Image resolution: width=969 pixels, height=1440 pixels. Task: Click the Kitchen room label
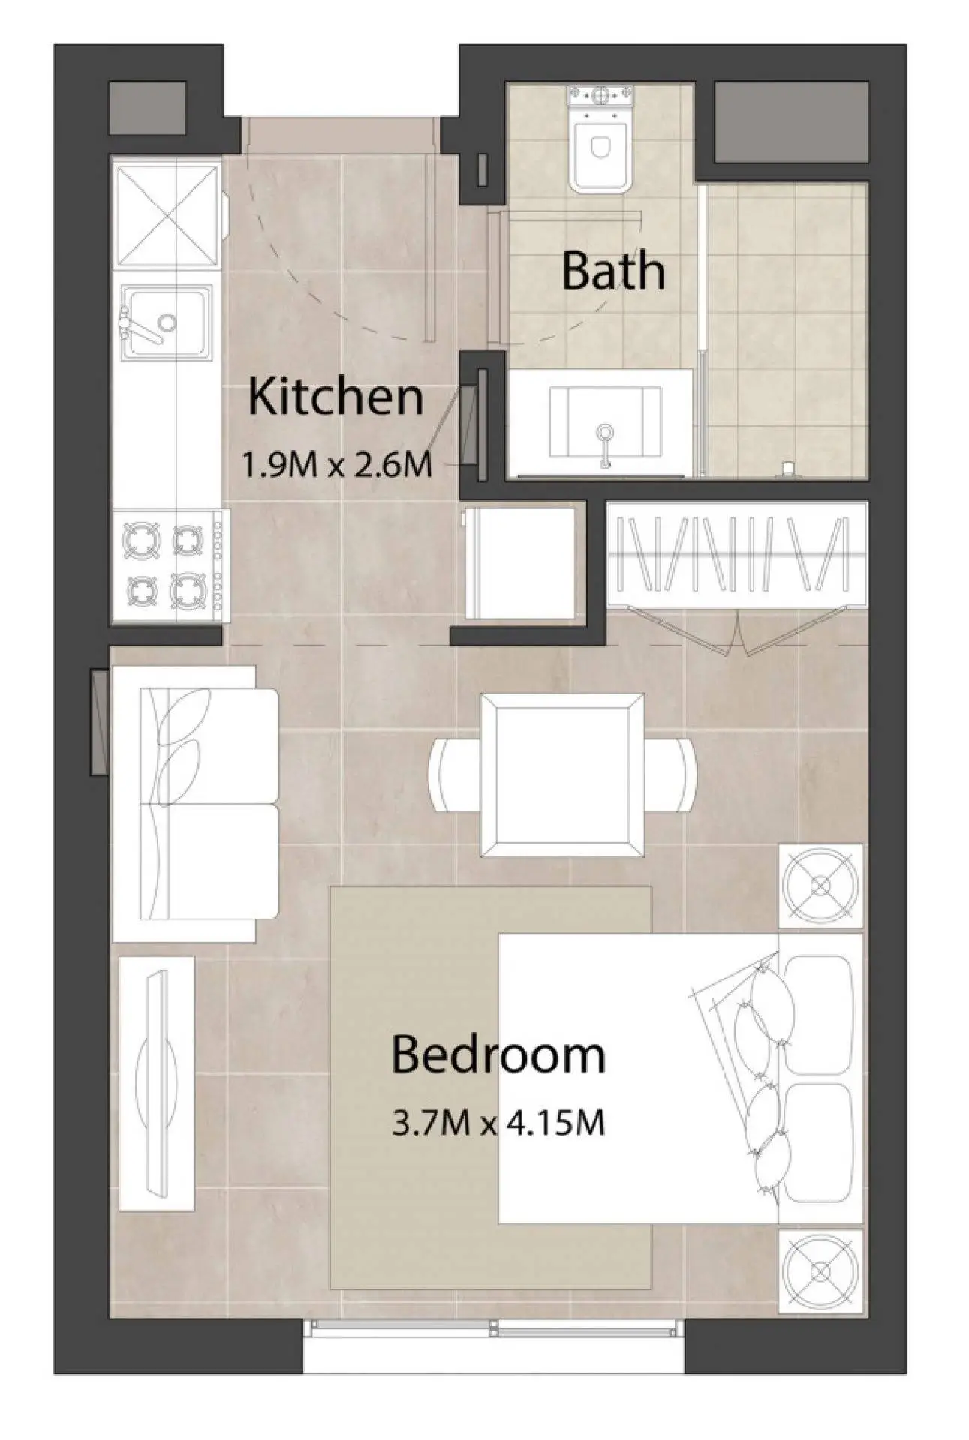(336, 397)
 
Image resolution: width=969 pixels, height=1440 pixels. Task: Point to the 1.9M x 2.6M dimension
(337, 464)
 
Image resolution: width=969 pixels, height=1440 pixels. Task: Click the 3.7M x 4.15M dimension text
(499, 1123)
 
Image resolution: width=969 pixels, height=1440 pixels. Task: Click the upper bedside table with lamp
(820, 885)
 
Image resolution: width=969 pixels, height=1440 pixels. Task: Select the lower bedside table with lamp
(820, 1270)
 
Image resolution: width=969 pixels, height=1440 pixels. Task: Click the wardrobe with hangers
(736, 556)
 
